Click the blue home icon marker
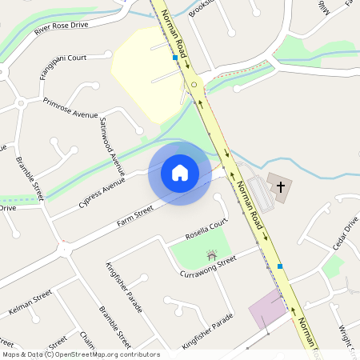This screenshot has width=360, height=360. click(x=180, y=173)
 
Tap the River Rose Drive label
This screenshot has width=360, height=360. click(x=62, y=29)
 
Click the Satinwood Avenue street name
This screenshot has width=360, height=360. click(x=113, y=146)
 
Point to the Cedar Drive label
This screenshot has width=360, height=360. click(x=345, y=234)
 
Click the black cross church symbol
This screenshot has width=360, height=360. click(x=280, y=187)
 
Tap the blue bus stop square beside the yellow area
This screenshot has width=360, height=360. click(x=175, y=58)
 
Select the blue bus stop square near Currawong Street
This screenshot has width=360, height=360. click(x=280, y=266)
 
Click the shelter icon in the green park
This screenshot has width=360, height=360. click(x=211, y=256)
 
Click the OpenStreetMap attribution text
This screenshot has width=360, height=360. click(x=81, y=354)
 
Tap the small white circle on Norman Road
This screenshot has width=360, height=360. click(x=194, y=82)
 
